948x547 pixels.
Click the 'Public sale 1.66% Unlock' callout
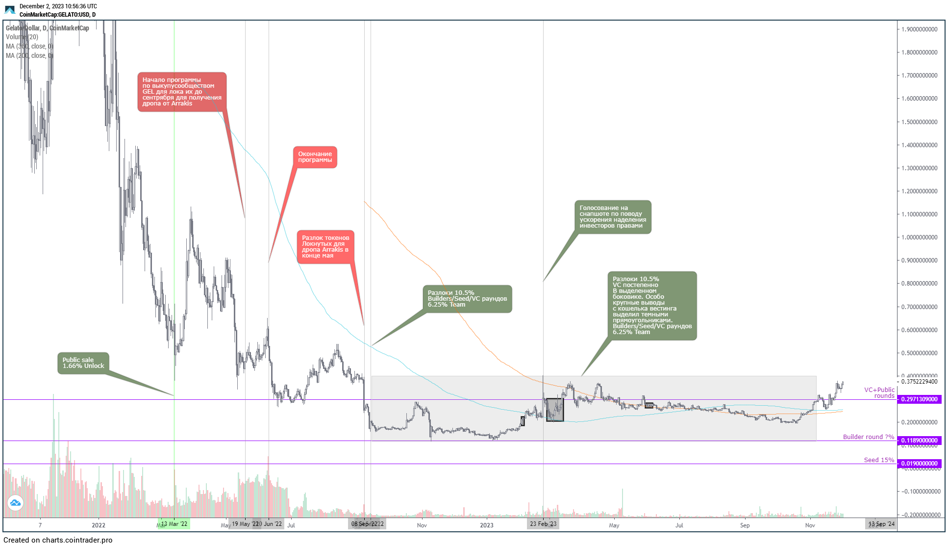coord(83,363)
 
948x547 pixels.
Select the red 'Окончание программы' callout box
coord(315,157)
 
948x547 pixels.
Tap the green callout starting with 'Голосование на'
coord(613,217)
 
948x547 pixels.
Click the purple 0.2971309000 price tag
coord(920,399)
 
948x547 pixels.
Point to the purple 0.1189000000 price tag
coord(920,441)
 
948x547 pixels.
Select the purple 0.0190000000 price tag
coord(920,464)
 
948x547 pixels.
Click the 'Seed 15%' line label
coord(879,460)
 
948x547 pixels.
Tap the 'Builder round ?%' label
coord(869,437)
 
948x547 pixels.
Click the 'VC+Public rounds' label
coord(879,393)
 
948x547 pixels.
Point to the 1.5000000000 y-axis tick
coord(920,122)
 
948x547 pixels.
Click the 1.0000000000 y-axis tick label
coord(920,237)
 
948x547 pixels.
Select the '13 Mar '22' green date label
coord(175,524)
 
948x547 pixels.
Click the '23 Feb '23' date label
coord(543,524)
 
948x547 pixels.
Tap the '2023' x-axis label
coord(487,525)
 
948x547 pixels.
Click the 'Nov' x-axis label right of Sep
coord(810,525)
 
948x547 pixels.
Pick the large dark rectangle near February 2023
coord(555,410)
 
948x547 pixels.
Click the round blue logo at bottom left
coord(15,503)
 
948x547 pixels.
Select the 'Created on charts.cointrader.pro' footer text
coord(58,540)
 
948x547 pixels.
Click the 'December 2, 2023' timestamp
coord(58,6)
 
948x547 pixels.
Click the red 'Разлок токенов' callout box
coord(325,247)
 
